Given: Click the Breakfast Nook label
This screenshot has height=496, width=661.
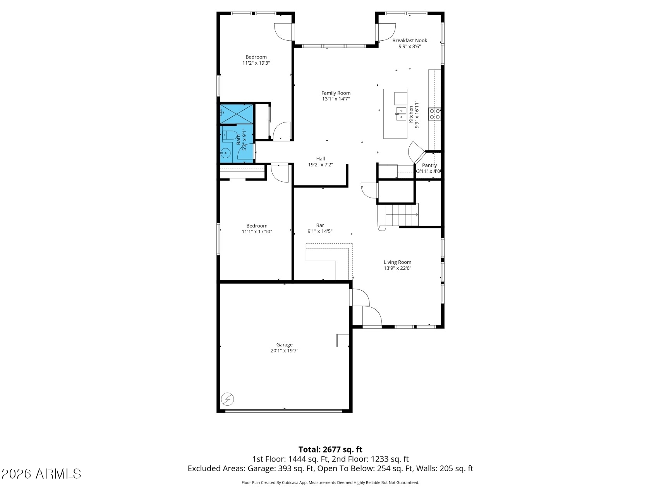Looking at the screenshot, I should click(x=410, y=40).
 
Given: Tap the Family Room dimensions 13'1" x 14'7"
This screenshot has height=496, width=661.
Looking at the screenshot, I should click(x=336, y=99).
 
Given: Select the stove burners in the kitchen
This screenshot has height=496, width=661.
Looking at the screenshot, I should click(x=434, y=114).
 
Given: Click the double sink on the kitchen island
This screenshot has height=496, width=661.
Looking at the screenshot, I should click(x=400, y=114).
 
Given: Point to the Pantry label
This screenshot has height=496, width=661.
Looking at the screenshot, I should click(x=429, y=165).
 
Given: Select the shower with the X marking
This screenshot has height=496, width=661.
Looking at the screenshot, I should click(x=237, y=114).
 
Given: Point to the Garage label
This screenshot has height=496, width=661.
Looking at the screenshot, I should click(x=284, y=344).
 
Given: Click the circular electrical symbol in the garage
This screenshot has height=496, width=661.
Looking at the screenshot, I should click(x=227, y=399).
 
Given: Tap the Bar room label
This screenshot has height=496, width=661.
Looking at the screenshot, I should click(x=320, y=225).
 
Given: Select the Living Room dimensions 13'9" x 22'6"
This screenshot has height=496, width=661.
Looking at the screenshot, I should click(x=397, y=268).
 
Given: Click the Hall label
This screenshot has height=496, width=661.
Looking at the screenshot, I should click(x=320, y=158).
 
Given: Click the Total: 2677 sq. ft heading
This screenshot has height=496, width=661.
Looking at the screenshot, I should click(x=330, y=449).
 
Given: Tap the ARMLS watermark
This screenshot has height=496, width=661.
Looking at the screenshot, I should click(x=41, y=474).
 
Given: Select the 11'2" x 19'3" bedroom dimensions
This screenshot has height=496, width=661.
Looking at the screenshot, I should click(x=256, y=63).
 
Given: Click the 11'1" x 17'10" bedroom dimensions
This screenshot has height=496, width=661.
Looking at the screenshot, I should click(x=257, y=232).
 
